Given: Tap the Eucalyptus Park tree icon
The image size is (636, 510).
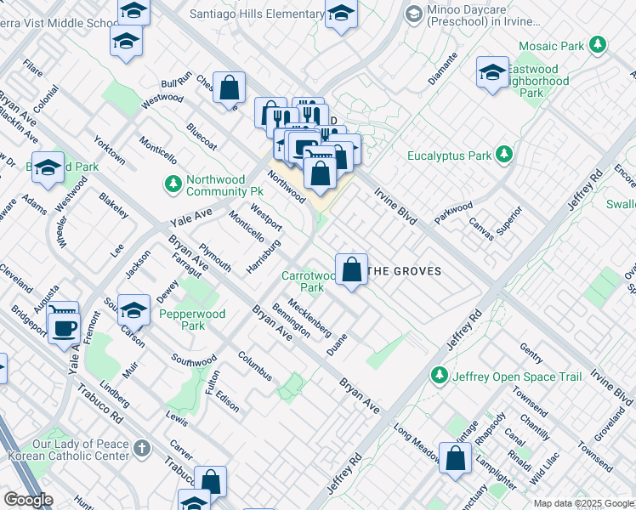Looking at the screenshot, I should pos(505,155).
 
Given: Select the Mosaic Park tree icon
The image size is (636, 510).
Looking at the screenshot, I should pos(600,44).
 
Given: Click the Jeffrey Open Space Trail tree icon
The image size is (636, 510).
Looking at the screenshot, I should pos(439,375).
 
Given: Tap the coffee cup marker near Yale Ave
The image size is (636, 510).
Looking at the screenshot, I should pos(64,324).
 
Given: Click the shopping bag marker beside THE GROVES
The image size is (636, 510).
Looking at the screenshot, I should pos(351,269).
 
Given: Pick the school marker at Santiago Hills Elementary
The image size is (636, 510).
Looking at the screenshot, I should pos(341,14).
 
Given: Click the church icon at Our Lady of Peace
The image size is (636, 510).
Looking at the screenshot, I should pos(142,447).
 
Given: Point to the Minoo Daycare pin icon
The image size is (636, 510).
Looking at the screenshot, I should pos(413,14).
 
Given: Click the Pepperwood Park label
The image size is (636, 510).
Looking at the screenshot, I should pos(193,320).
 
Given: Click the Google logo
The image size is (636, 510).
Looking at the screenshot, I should pos(28,499).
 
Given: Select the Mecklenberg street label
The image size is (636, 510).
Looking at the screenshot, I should pos(308,314).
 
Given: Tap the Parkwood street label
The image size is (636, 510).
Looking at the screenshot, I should pos(452,209).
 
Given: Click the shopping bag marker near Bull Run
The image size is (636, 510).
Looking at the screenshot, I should pos(230,87).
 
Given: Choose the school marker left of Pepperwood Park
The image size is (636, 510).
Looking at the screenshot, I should pos(133,310).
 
